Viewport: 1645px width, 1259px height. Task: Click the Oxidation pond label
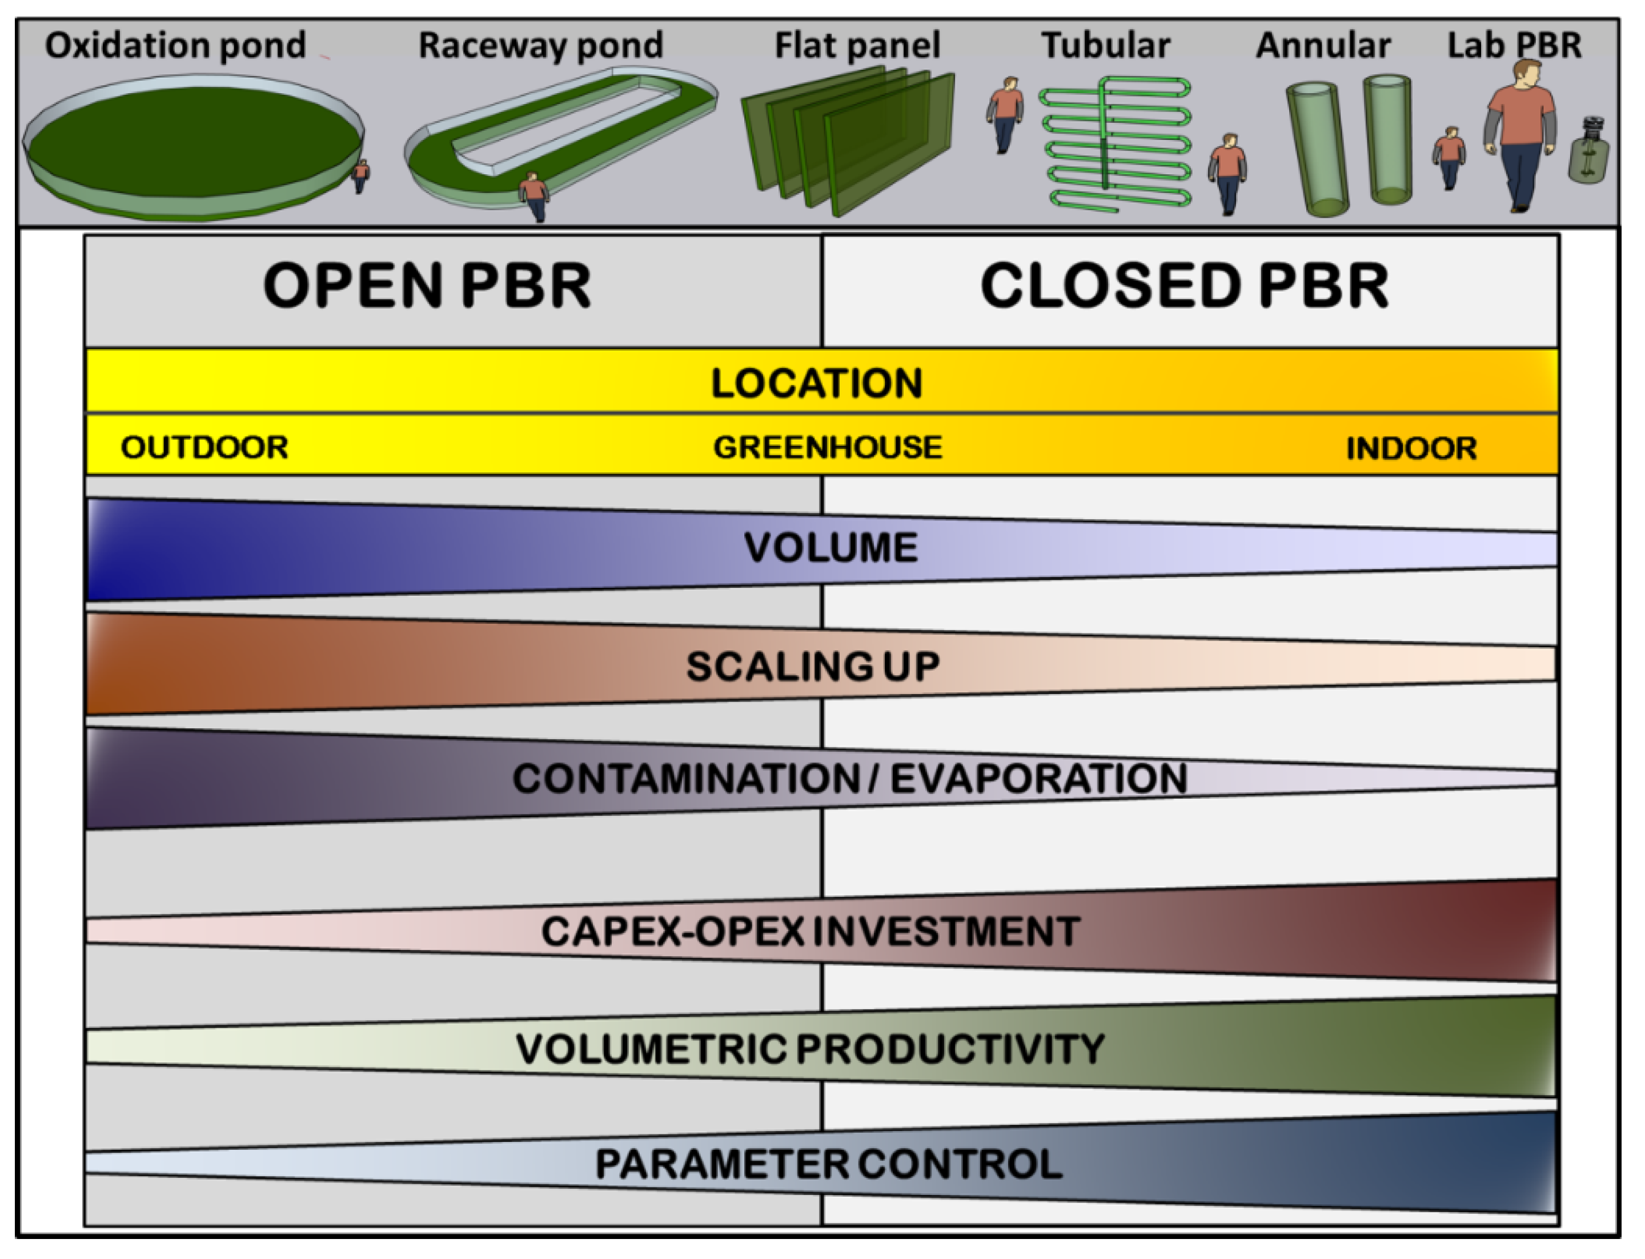175,46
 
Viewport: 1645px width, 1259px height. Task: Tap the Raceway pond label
540,46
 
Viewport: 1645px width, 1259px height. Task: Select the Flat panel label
857,46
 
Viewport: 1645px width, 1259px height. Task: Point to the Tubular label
1105,46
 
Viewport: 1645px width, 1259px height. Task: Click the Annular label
1323,46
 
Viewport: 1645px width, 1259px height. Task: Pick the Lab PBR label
1514,46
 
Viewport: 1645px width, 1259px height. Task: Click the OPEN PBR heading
427,286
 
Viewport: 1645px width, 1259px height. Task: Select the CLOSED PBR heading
1184,286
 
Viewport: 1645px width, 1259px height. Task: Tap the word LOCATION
817,384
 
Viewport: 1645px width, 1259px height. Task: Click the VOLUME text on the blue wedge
830,548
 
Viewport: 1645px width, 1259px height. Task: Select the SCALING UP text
813,666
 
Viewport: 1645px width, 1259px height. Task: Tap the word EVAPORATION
1039,779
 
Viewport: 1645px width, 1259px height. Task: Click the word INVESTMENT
946,932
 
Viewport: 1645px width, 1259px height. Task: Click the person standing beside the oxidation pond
360,176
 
